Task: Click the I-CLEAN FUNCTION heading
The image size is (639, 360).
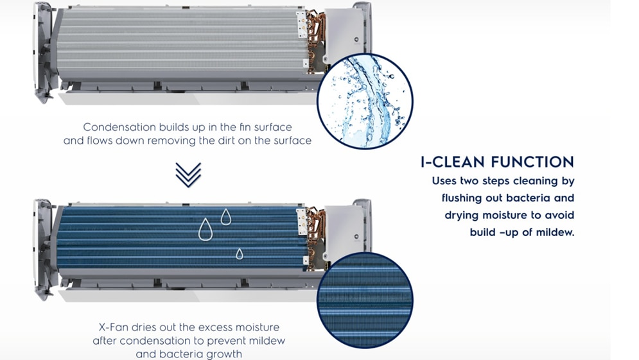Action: click(497, 162)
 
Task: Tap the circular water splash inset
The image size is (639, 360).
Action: click(365, 101)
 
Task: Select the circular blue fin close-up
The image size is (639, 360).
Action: click(365, 300)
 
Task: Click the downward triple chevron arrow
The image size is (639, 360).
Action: click(188, 175)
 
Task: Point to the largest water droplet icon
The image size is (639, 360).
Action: click(206, 229)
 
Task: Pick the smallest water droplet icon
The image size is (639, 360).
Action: click(239, 253)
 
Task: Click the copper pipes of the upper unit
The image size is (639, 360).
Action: click(316, 40)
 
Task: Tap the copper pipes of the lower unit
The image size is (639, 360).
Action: click(316, 238)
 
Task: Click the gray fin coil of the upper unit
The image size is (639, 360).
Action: click(182, 44)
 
